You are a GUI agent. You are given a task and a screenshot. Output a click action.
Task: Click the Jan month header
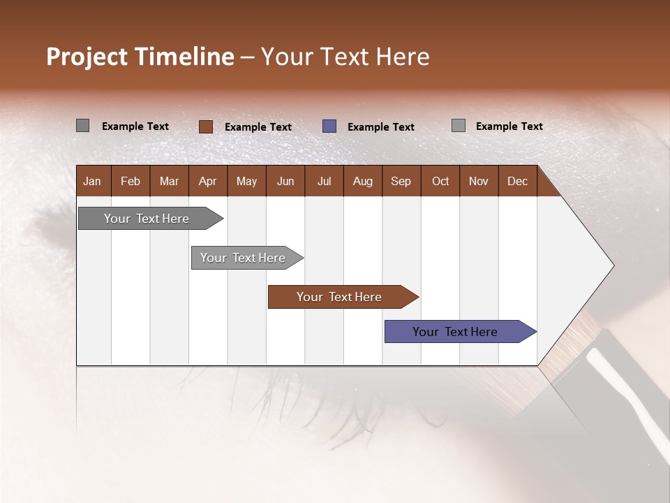92,181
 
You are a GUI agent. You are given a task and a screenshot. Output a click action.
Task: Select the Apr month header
207,181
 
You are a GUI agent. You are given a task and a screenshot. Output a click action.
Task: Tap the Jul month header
324,181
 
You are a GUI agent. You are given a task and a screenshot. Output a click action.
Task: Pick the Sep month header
401,181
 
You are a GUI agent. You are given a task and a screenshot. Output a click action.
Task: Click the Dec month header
517,181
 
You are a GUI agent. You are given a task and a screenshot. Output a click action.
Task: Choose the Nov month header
478,181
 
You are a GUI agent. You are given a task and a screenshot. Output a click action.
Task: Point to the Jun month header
285,181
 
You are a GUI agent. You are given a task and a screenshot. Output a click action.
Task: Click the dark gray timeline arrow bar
147,219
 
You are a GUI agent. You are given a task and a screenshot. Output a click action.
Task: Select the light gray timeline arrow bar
243,258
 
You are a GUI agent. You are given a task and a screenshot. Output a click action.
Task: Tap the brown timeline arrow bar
339,297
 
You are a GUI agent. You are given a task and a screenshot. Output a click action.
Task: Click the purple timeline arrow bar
455,332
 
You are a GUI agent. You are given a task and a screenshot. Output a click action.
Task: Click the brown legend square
205,126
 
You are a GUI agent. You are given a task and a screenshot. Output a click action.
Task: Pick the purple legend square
329,126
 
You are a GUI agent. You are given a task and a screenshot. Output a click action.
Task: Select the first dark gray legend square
82,126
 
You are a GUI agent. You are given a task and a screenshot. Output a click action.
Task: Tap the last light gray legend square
459,126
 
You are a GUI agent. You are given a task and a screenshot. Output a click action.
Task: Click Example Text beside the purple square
380,126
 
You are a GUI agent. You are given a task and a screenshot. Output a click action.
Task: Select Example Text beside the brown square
258,126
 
